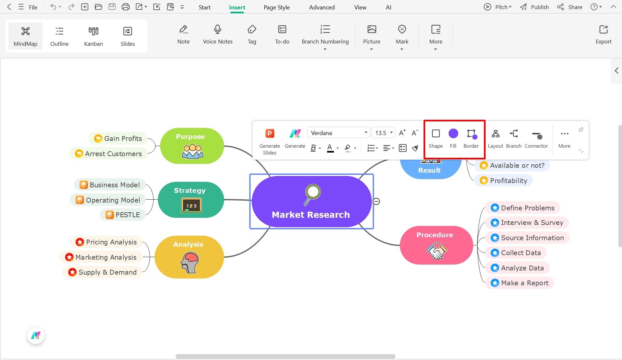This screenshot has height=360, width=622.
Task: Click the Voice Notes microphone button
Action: tap(218, 34)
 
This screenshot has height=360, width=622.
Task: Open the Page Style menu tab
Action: tap(276, 7)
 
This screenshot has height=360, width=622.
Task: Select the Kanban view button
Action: tap(93, 36)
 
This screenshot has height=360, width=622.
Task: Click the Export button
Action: tap(603, 34)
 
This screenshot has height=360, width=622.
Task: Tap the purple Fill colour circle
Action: tap(453, 133)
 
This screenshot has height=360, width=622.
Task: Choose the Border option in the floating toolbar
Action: tap(471, 138)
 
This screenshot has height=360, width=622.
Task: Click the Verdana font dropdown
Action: tap(338, 133)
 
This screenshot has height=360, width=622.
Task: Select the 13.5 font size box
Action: tap(383, 133)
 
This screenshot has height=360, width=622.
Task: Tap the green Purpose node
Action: tap(192, 146)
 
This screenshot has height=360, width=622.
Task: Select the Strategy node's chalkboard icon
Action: tap(191, 205)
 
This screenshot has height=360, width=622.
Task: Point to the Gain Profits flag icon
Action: tap(98, 139)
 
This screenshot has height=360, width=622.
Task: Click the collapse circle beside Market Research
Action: tap(376, 202)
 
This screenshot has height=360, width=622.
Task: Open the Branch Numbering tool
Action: tap(325, 34)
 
